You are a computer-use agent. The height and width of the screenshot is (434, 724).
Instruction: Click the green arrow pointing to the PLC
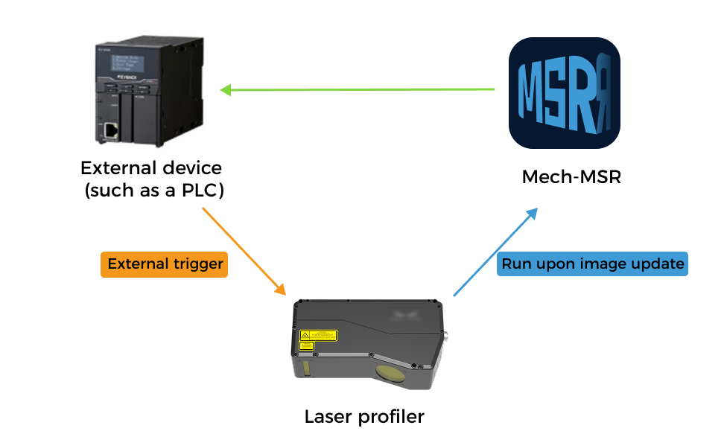(x=358, y=91)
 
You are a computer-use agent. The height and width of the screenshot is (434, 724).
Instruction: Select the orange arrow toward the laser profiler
(x=244, y=250)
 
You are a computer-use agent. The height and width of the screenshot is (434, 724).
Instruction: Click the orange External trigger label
(x=164, y=264)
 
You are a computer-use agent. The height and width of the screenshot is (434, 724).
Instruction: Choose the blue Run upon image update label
(x=592, y=264)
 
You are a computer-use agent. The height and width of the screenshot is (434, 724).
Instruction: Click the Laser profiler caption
(x=364, y=416)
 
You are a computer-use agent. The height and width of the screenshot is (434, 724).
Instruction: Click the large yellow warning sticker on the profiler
(x=318, y=335)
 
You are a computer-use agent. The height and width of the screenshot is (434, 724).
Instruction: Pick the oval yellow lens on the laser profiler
(x=391, y=373)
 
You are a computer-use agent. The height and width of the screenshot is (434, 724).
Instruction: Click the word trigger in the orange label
(x=197, y=264)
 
